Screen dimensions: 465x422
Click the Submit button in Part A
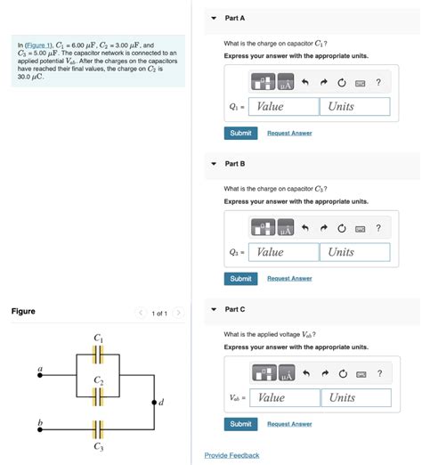point(240,133)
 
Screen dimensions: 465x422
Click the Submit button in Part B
point(240,278)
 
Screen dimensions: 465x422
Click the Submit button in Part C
point(240,424)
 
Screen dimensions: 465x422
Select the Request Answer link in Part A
point(289,133)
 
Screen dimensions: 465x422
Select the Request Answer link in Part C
point(289,424)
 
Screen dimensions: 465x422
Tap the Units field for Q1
point(354,106)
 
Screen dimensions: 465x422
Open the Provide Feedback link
point(231,455)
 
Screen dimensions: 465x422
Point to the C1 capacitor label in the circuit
point(98,338)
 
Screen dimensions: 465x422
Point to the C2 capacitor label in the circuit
point(98,380)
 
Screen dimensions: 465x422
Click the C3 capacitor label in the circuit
point(98,447)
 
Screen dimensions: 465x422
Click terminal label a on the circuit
point(39,368)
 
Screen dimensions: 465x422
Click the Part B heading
point(235,164)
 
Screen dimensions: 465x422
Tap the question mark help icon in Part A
point(378,83)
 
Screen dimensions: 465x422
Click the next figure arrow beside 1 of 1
point(178,313)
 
